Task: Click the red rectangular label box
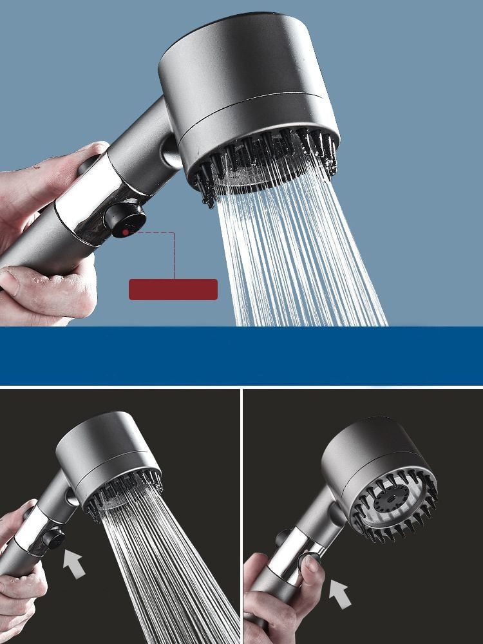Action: pos(173,289)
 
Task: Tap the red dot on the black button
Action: pos(124,230)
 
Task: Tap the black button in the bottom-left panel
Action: pos(55,540)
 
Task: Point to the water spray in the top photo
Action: pos(296,258)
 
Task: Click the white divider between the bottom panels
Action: pos(242,515)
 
